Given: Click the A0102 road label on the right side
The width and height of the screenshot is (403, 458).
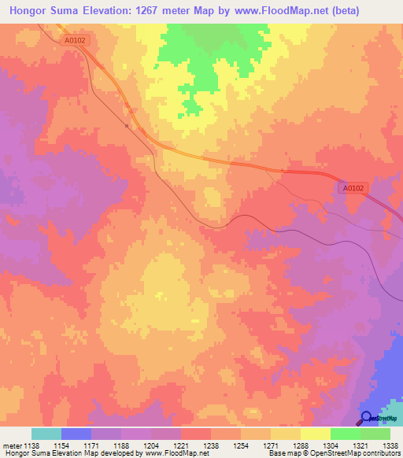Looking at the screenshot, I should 353,188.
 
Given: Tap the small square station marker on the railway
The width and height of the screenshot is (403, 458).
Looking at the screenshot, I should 127,124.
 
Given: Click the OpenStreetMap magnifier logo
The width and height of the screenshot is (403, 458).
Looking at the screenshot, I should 367,419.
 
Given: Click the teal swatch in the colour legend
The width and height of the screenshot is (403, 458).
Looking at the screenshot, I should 46,434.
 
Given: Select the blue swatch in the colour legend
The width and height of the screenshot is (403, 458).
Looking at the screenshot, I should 76,434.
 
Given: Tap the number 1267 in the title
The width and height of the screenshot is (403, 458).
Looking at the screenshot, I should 159,11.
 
